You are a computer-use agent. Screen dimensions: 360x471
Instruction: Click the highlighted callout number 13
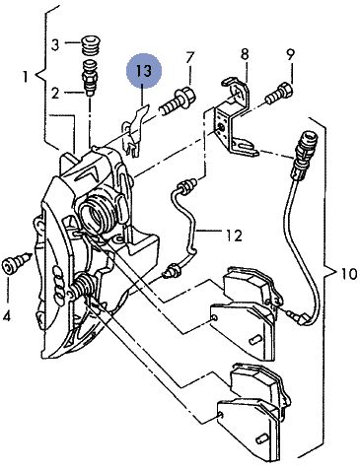[x=144, y=71]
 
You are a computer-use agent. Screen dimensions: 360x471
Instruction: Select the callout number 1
[x=26, y=77]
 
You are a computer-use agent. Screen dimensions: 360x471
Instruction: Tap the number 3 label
[x=55, y=44]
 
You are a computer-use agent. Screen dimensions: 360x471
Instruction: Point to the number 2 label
[x=55, y=94]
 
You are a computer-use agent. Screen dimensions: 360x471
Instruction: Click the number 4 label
[x=7, y=316]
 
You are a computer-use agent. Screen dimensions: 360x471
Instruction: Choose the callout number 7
[x=190, y=58]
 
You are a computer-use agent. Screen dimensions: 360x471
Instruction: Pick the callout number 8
[x=245, y=54]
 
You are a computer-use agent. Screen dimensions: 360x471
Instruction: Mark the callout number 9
[x=290, y=55]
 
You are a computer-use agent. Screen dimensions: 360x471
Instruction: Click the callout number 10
[x=348, y=273]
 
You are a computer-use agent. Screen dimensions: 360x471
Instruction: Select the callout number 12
[x=235, y=235]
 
